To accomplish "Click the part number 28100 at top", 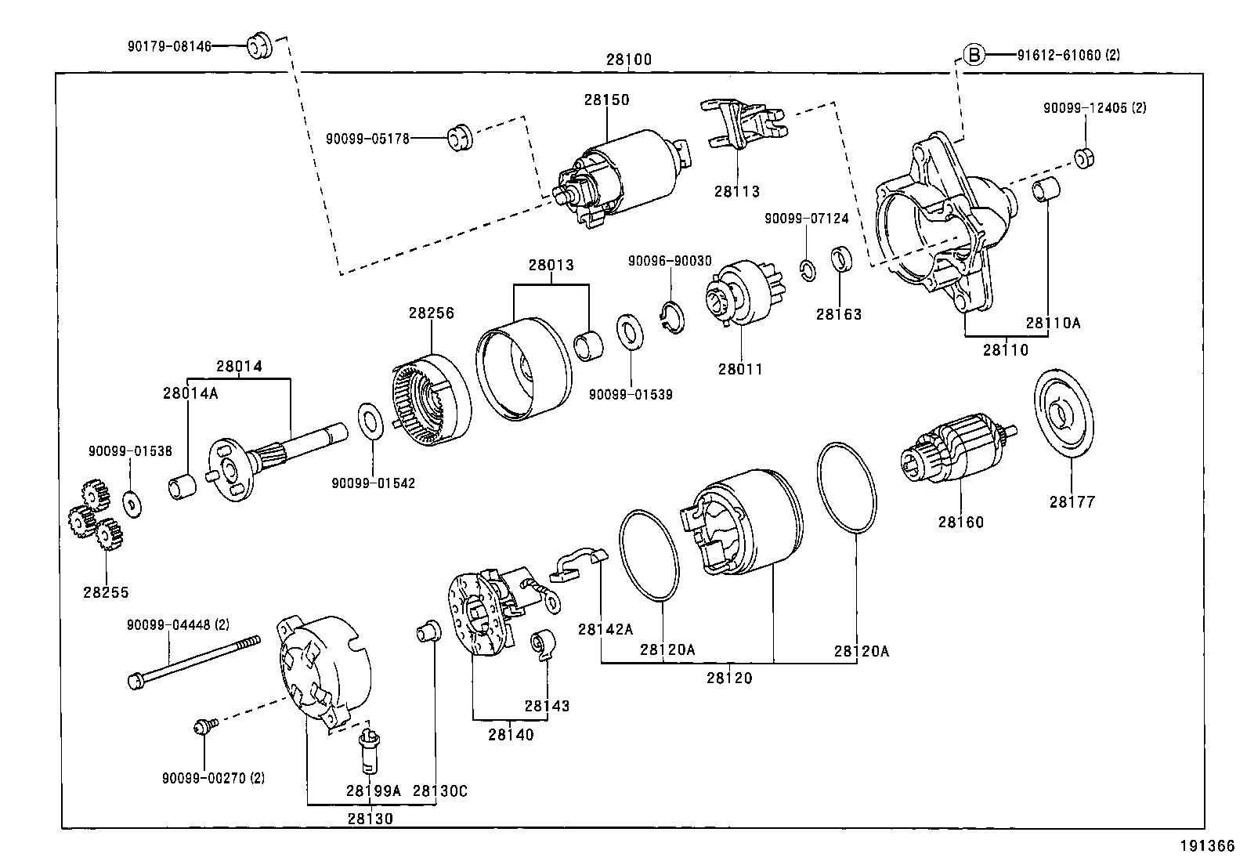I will [628, 60].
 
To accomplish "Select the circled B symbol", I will [973, 54].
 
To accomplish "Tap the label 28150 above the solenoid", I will [605, 99].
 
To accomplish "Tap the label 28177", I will [1072, 502].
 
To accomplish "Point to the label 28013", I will [551, 265].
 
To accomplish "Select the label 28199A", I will [374, 790].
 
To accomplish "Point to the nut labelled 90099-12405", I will [1084, 157].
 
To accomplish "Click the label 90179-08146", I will [169, 46].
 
